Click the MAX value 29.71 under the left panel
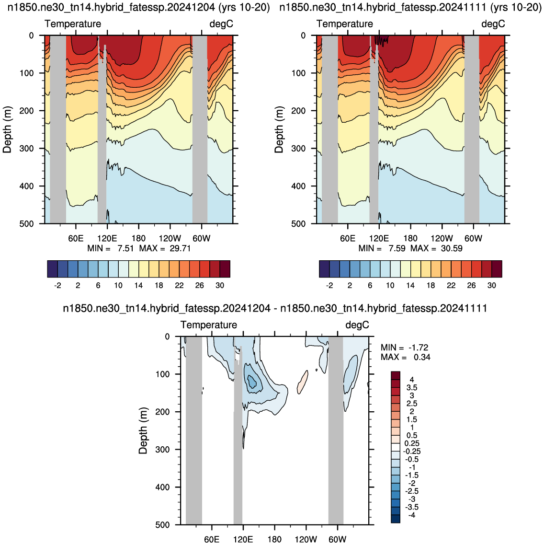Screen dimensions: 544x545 (x=180, y=248)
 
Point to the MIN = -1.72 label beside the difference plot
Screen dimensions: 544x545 (x=405, y=348)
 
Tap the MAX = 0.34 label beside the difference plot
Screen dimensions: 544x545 (x=406, y=357)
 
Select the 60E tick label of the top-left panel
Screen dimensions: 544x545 (x=76, y=238)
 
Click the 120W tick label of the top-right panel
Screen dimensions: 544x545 (x=442, y=238)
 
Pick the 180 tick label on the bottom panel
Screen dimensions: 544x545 (x=274, y=539)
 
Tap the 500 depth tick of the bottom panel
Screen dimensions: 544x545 (x=163, y=525)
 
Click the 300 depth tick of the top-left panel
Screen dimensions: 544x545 (x=27, y=149)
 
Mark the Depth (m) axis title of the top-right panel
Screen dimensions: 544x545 (x=279, y=129)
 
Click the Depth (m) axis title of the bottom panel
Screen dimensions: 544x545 (x=143, y=430)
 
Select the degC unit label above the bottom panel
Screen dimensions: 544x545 (x=357, y=325)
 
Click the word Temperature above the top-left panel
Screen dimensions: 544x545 (x=73, y=23)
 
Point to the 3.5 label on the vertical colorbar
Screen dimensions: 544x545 (x=412, y=388)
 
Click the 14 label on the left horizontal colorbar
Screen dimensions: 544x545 (x=138, y=285)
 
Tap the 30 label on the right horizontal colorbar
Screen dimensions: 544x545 (x=492, y=285)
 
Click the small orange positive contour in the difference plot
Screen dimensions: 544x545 (x=302, y=382)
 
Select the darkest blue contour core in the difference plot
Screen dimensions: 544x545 (x=251, y=382)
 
